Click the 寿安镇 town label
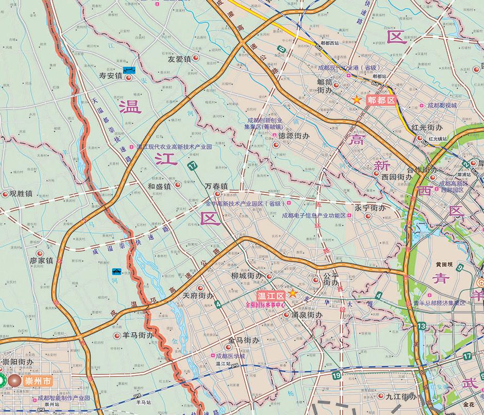click(x=110, y=76)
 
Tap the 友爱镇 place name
click(x=179, y=59)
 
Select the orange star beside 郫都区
click(x=356, y=100)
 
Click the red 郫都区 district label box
click(x=381, y=101)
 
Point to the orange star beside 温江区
click(x=292, y=293)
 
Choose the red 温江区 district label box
click(x=271, y=296)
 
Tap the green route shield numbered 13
click(x=422, y=326)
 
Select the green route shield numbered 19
click(x=337, y=376)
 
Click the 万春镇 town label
click(x=216, y=186)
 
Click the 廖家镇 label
click(x=42, y=261)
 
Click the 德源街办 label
click(x=293, y=137)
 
